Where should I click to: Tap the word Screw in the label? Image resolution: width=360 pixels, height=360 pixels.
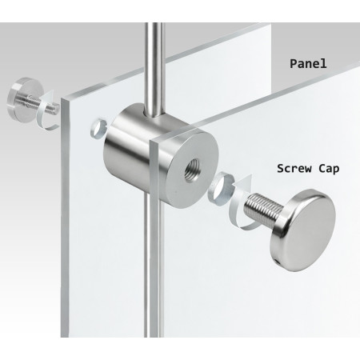click(x=295, y=169)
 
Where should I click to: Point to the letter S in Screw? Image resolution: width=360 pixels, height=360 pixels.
click(x=281, y=169)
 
